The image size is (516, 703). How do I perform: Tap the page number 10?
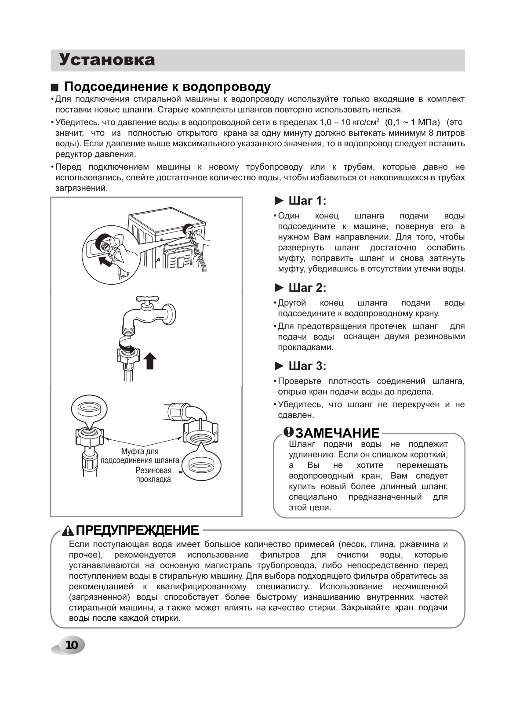(x=71, y=645)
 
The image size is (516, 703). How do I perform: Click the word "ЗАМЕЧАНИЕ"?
(x=337, y=433)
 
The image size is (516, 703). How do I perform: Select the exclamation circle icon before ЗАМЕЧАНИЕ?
(x=288, y=432)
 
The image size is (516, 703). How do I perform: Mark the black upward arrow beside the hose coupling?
(x=150, y=360)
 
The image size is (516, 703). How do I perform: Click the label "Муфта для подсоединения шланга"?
(x=140, y=456)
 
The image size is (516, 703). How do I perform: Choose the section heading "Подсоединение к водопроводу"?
(x=167, y=87)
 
